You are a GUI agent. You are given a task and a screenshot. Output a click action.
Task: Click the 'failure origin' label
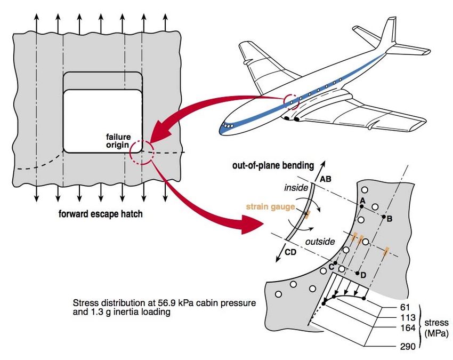pyautogui.click(x=118, y=141)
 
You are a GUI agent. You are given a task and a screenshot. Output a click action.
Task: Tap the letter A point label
pyautogui.click(x=362, y=200)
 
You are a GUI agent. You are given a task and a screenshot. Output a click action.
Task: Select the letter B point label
pyautogui.click(x=390, y=218)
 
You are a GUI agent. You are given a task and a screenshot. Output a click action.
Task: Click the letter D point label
pyautogui.click(x=363, y=275)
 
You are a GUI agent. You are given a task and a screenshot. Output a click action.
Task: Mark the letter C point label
pyautogui.click(x=331, y=265)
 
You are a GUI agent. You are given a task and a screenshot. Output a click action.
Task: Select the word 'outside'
pyautogui.click(x=320, y=242)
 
